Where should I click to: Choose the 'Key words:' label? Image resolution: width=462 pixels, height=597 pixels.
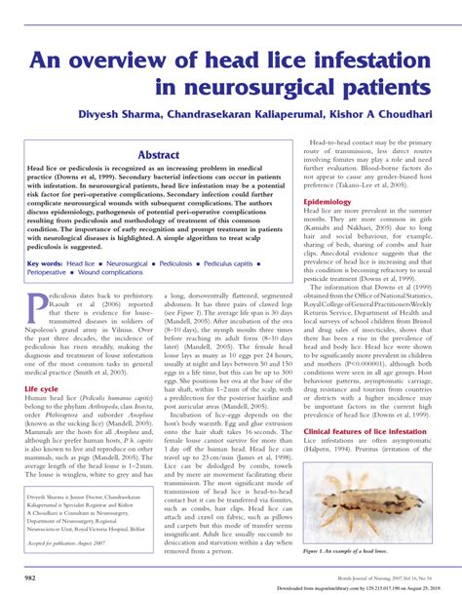(x=45, y=263)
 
